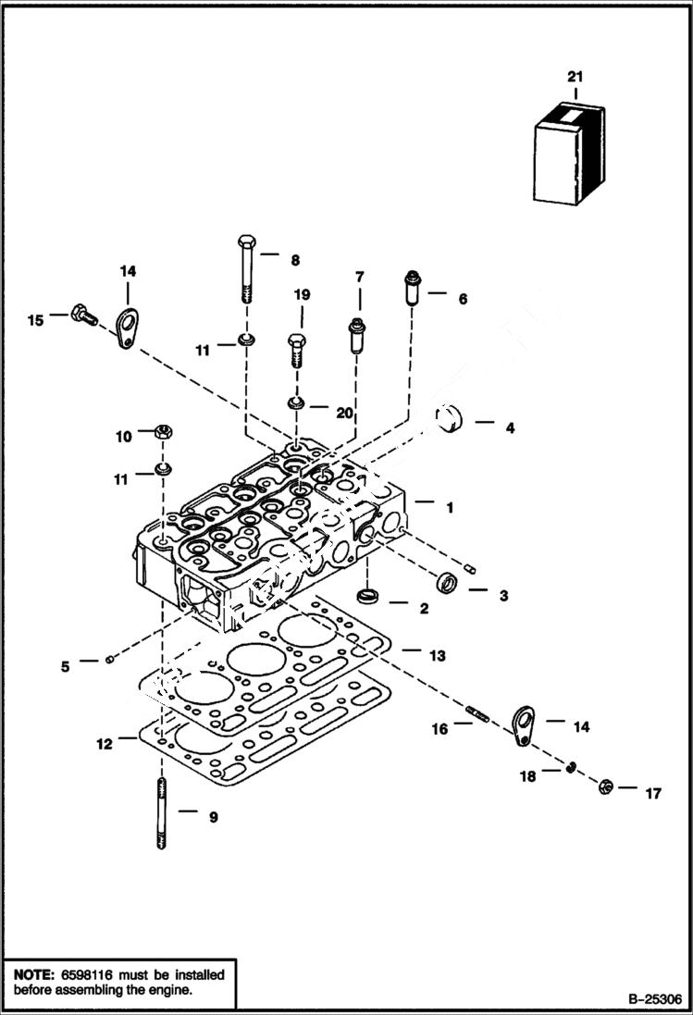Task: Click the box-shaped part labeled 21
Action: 569,155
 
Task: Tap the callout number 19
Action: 302,294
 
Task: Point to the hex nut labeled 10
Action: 160,431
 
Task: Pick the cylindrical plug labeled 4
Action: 452,424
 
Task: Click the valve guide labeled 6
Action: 412,289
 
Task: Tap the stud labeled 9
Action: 161,814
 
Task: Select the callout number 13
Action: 437,655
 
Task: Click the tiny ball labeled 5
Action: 110,659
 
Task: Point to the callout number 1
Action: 449,507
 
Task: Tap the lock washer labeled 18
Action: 572,766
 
